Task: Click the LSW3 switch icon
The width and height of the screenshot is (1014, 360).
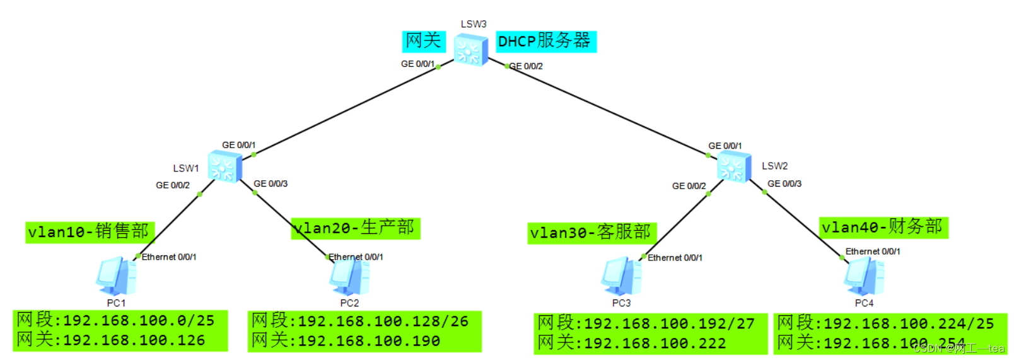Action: (471, 50)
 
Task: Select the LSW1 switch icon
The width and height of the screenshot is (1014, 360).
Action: (225, 167)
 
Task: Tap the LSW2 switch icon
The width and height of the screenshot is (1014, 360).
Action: (734, 167)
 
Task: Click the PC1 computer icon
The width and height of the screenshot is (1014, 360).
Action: (116, 276)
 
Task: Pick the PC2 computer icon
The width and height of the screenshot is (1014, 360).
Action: (349, 277)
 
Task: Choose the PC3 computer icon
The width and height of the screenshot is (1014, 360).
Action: (621, 277)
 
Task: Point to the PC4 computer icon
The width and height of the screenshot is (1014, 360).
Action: (864, 277)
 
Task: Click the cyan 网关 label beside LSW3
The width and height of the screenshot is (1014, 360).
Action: (423, 41)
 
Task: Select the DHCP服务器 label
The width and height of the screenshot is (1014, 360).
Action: (545, 42)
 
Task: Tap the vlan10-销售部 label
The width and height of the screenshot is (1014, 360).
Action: (89, 231)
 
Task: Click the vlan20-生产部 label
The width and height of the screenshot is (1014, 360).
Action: (356, 228)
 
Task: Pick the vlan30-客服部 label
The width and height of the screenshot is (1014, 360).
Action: (591, 233)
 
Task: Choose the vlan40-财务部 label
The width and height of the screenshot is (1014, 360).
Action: (883, 227)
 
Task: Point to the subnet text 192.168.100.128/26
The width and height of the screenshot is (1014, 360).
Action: (383, 322)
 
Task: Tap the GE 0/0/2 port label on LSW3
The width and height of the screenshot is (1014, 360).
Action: (526, 66)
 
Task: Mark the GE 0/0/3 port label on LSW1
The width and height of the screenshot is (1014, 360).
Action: (271, 183)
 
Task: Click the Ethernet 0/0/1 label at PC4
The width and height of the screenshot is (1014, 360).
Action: (873, 252)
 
